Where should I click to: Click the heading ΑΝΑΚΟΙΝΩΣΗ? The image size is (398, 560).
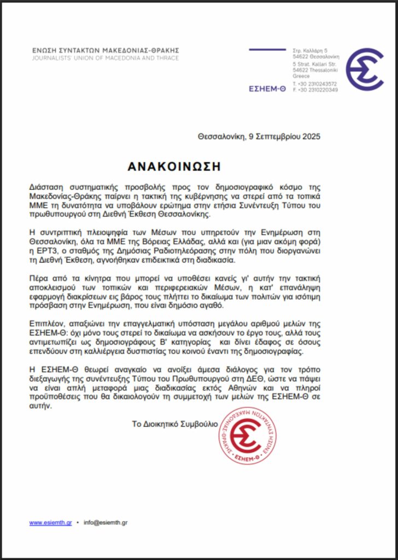tap(174, 166)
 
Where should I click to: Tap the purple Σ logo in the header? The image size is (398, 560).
tap(364, 69)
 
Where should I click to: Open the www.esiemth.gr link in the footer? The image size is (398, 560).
tap(50, 523)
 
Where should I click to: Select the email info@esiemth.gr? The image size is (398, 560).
tap(106, 523)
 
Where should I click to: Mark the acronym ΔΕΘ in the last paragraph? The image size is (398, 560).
tap(232, 380)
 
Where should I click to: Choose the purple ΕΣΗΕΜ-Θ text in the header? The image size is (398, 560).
tap(267, 89)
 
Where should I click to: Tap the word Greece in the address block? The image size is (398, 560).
tap(301, 77)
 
